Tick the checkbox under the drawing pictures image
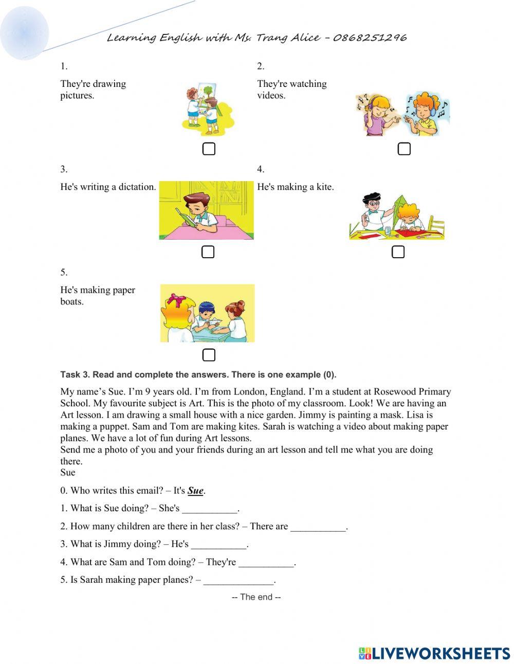(209, 149)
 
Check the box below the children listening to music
(405, 149)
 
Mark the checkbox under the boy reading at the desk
(208, 252)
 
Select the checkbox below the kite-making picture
(398, 252)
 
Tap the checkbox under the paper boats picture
(209, 355)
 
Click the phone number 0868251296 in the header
(370, 38)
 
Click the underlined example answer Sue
(195, 491)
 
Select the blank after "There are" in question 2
(318, 527)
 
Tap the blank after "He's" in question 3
(219, 544)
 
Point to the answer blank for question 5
(238, 580)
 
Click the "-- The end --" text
(256, 597)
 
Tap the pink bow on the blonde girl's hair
(176, 299)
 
